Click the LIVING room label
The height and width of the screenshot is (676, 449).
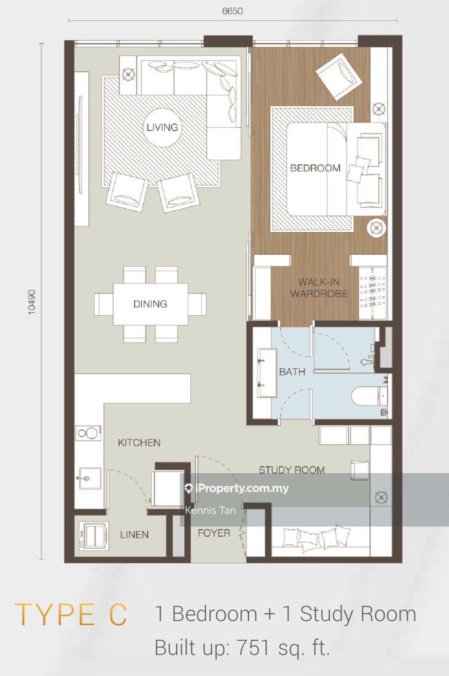tap(162, 127)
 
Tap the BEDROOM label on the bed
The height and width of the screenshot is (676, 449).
tap(315, 168)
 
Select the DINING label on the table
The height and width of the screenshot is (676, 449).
tap(151, 304)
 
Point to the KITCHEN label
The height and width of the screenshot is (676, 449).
tap(139, 443)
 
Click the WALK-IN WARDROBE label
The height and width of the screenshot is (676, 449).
tap(319, 288)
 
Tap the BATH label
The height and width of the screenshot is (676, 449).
tap(292, 372)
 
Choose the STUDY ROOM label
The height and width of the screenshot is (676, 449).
tap(292, 470)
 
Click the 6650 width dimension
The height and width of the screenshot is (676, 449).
tap(233, 11)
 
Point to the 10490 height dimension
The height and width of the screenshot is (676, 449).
tap(31, 302)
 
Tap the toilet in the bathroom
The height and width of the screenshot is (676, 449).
tap(370, 396)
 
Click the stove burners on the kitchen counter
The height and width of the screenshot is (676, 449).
tap(88, 433)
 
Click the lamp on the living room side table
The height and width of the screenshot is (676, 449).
tap(128, 74)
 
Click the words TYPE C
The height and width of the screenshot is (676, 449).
tap(71, 614)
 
